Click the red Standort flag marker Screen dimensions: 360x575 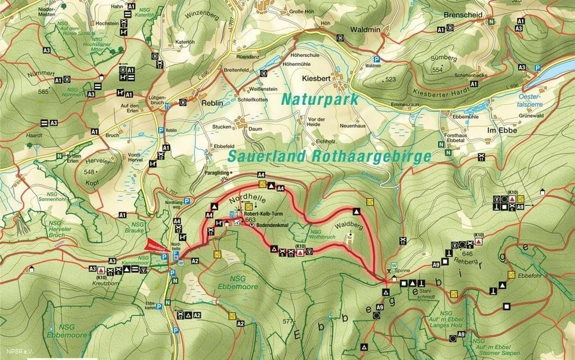point(154,244)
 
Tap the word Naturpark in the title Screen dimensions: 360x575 point(319,100)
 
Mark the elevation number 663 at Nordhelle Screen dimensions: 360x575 point(250,219)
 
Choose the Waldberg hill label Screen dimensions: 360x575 point(348,225)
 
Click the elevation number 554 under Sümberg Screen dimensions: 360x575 point(437,69)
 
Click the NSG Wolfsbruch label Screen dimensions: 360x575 point(321,235)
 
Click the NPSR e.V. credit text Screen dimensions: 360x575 point(19,351)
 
